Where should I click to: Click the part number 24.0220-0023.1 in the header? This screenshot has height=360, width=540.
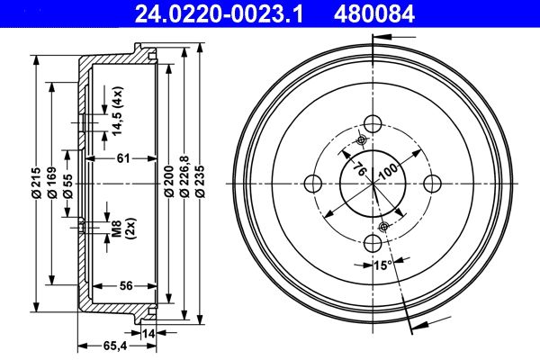[x=219, y=13]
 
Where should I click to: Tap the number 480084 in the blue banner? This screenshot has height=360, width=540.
[x=374, y=13]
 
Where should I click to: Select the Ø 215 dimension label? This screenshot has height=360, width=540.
[x=36, y=183]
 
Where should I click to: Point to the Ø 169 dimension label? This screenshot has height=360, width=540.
[x=52, y=183]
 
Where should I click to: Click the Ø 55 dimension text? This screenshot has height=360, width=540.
[x=67, y=186]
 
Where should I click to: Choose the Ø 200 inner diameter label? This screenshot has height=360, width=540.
[x=169, y=181]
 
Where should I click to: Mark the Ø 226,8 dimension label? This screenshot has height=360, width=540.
[x=184, y=176]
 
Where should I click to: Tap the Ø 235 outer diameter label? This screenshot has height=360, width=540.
[x=200, y=182]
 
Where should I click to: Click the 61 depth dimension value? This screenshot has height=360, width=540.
[x=123, y=158]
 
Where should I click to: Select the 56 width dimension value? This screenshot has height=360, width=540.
[x=126, y=285]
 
